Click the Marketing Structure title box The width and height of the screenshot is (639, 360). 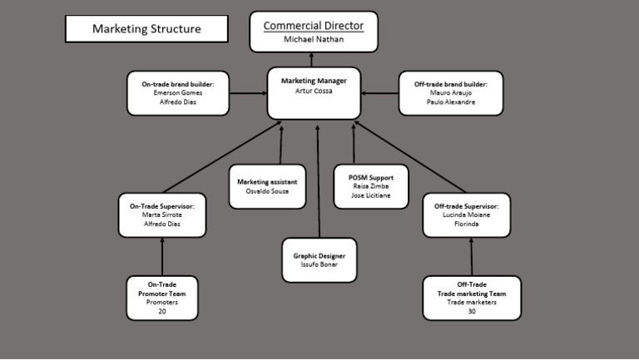(146, 28)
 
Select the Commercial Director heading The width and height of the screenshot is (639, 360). (314, 26)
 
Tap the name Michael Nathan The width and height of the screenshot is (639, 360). (314, 39)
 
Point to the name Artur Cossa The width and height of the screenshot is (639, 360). (314, 91)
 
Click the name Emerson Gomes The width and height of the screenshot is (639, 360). (178, 93)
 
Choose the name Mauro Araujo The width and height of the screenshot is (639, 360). (451, 93)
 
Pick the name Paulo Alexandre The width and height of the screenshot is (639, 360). (451, 102)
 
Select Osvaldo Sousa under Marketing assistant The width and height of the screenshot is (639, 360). (266, 191)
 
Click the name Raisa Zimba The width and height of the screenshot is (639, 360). (369, 187)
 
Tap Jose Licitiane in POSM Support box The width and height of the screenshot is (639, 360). (369, 197)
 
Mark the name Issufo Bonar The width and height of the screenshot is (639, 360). (319, 266)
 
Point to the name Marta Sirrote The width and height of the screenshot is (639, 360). (162, 215)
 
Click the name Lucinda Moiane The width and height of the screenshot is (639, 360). (467, 215)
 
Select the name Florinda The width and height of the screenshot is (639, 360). (467, 224)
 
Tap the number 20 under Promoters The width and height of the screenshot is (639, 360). (162, 312)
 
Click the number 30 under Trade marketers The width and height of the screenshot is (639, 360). (472, 312)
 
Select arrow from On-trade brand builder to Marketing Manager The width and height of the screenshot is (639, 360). (247, 93)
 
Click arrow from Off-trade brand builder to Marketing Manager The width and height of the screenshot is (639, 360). (380, 93)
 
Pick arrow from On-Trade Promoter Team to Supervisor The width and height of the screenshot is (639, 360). (162, 257)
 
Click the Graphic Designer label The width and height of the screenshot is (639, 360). (319, 256)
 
